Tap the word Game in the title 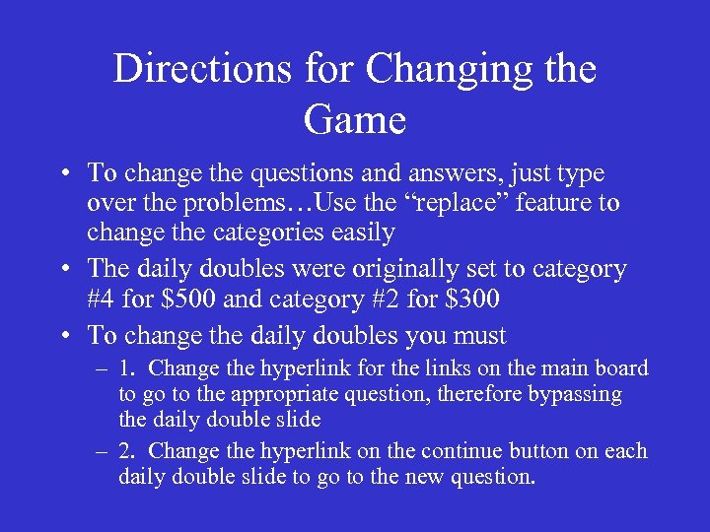tap(355, 119)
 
